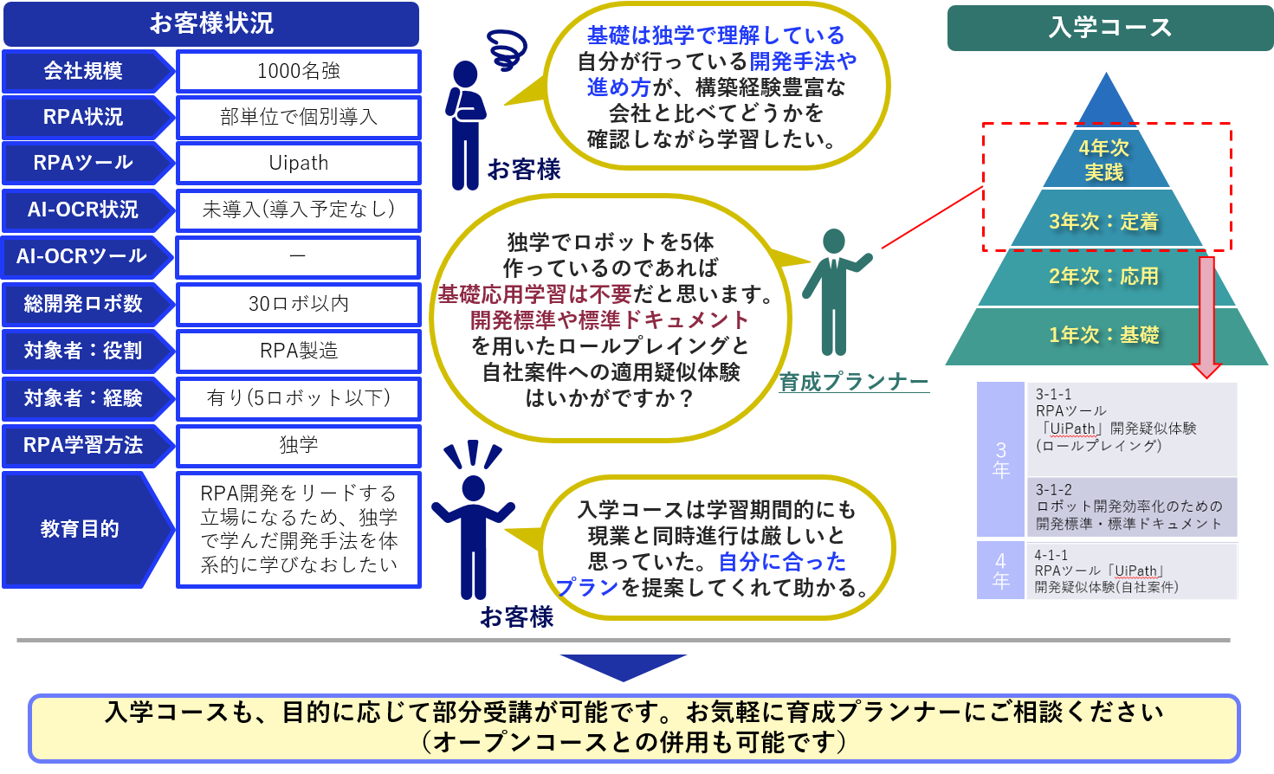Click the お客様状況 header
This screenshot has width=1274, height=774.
(211, 23)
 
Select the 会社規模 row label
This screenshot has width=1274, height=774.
(83, 71)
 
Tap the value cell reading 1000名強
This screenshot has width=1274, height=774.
(299, 71)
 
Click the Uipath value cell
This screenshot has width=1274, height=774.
(299, 164)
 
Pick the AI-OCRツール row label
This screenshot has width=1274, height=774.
(81, 256)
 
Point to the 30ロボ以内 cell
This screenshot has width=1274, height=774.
(299, 304)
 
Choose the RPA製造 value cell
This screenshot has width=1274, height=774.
(299, 351)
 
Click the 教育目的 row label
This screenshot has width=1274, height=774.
(80, 529)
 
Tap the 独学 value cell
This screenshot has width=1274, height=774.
(299, 445)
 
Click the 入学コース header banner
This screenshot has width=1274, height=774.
(1109, 28)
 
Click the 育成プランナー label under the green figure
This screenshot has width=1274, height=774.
(854, 382)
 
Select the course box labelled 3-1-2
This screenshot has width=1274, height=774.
(1131, 506)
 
